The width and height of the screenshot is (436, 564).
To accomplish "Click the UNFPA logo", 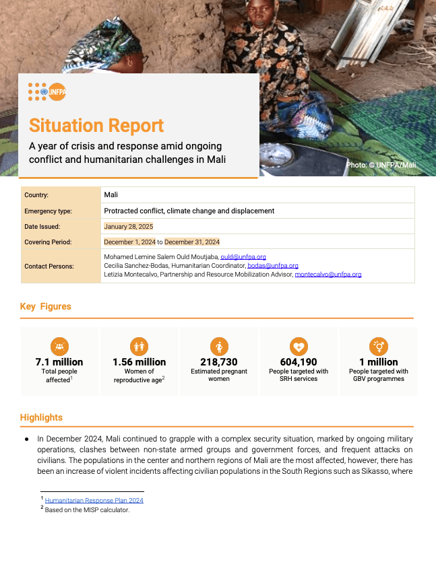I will point(46,92).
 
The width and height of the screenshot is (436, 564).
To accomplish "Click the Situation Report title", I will point(96,126).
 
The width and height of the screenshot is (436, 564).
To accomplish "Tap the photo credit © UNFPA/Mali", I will point(381,165).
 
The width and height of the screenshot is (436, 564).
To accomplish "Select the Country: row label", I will point(36,195).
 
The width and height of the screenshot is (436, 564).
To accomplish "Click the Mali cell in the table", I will point(111,195).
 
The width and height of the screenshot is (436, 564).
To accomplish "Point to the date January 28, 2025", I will point(129,226).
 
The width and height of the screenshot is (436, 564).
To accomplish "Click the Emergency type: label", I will point(48,211).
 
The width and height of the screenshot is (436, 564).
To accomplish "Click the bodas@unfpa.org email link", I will point(272,266).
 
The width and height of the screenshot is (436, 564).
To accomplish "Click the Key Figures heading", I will point(45,306).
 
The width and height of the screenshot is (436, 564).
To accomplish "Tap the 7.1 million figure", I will point(59,362).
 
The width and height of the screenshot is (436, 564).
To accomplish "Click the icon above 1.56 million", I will point(139,346).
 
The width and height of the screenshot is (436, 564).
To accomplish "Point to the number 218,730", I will point(219,362).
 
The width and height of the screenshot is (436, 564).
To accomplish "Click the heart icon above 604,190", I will point(299,346).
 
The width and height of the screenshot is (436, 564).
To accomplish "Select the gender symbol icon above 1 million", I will point(379,346).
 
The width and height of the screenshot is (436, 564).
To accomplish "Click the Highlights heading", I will point(41,417).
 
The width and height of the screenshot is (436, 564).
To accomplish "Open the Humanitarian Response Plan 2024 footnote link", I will point(94,500).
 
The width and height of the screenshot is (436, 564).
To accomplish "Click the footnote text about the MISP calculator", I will point(87,509).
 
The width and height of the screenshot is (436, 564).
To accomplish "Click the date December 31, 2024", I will point(192,242).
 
